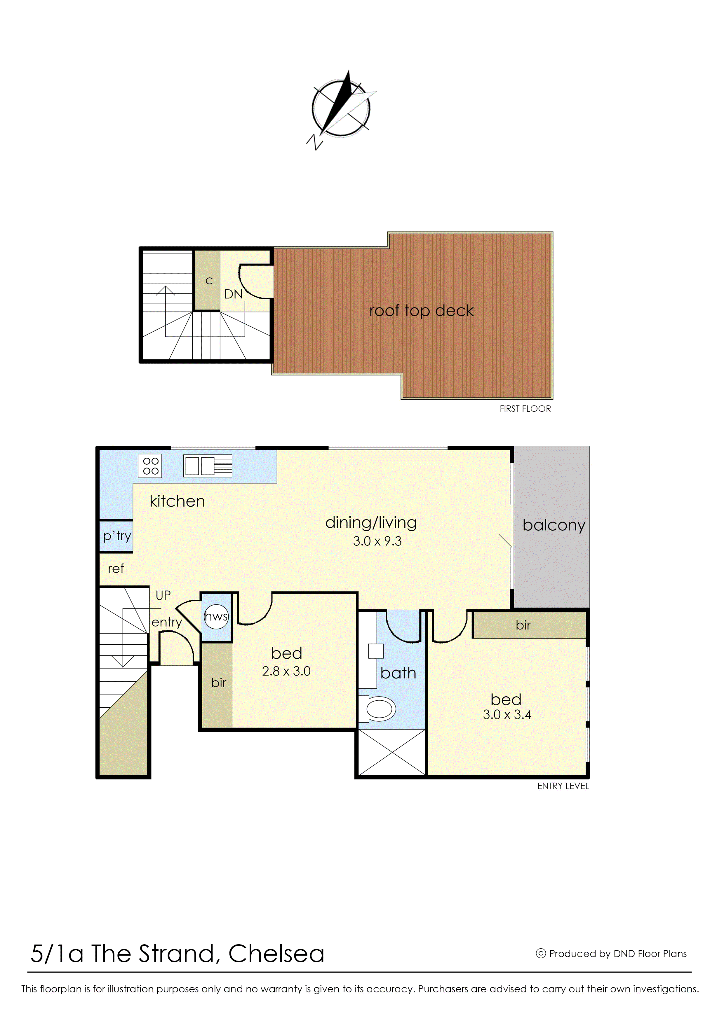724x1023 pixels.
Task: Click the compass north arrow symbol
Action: point(341,108)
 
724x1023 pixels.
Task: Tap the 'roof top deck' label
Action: point(421,311)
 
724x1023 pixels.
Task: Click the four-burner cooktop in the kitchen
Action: point(150,466)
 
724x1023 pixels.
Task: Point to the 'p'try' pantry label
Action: point(117,536)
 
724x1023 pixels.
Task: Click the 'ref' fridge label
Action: point(116,569)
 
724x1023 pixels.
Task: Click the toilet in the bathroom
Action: point(380,709)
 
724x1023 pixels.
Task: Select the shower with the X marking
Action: point(391,753)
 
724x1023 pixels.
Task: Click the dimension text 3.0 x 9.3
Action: point(377,541)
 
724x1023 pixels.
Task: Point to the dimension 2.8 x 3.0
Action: point(286,671)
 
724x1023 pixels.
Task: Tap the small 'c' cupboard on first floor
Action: point(209,281)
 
